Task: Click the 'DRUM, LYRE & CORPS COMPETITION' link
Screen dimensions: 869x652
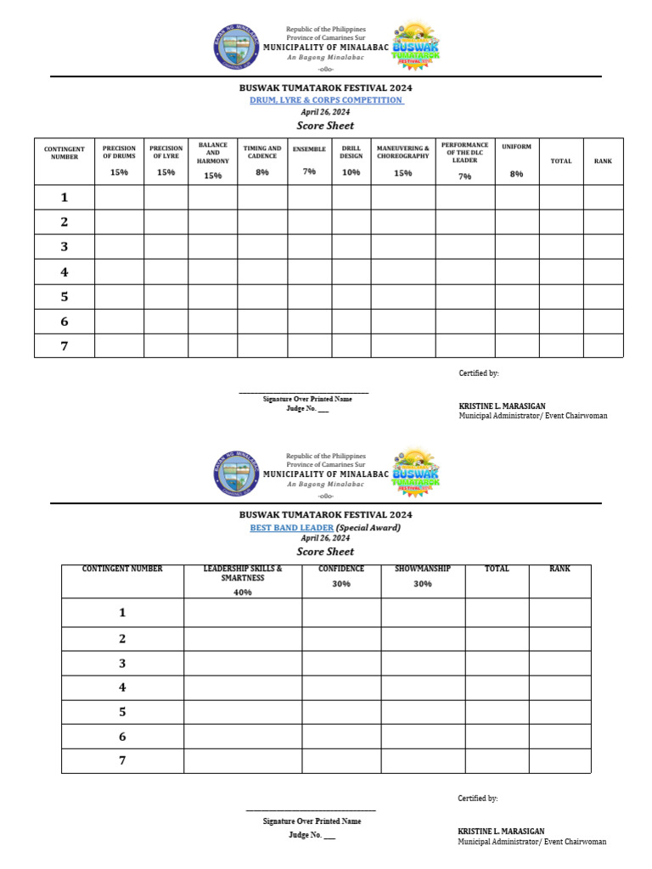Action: [325, 100]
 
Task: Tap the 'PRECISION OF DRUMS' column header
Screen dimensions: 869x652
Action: [119, 152]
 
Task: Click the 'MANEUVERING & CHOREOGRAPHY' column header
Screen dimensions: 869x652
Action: [402, 152]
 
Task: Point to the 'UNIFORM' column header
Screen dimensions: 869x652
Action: [516, 147]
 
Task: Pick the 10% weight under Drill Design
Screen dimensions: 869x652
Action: [351, 172]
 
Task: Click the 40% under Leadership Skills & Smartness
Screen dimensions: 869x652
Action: [242, 592]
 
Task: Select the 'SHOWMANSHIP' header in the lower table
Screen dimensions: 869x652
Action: [423, 569]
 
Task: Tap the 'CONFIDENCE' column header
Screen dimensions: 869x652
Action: [341, 569]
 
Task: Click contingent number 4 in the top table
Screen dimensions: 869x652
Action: [64, 272]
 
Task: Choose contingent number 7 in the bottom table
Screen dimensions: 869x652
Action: [122, 760]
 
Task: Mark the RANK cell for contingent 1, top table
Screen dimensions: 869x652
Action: [603, 198]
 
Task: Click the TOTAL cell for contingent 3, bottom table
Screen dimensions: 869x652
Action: [497, 664]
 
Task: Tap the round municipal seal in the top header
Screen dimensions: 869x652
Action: [236, 48]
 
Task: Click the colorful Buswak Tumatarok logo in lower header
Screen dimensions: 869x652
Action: [416, 473]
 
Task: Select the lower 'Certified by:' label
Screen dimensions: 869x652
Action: [478, 799]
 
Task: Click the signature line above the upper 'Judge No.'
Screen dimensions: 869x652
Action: [303, 392]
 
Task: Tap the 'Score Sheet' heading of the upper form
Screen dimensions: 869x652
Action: [325, 126]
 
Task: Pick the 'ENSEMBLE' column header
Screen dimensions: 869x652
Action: [309, 149]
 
